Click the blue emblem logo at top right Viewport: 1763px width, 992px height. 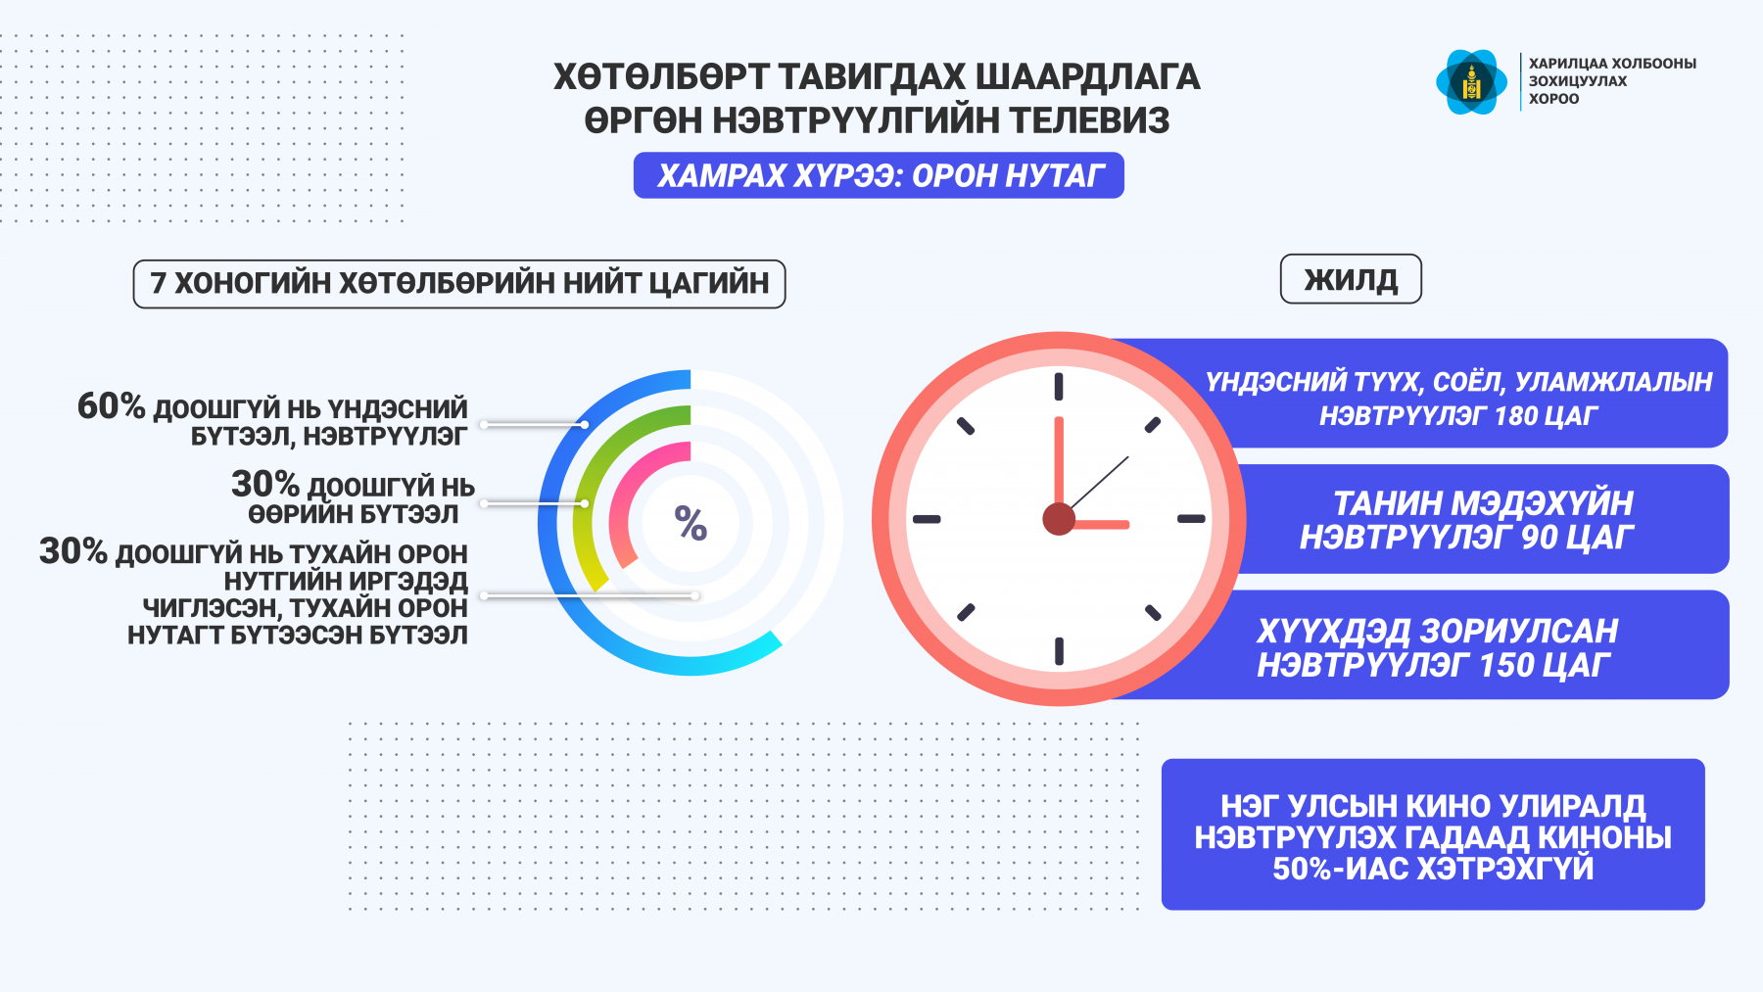[1471, 82]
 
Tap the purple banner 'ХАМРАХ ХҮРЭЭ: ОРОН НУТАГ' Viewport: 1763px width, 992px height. [879, 175]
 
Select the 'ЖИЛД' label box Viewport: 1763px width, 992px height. [1351, 280]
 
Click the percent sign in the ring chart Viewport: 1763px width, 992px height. [691, 523]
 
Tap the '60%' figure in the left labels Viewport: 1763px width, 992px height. [111, 405]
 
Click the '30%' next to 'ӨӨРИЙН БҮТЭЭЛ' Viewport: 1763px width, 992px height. [264, 484]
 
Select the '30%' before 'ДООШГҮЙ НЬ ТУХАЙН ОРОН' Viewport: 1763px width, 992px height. [72, 551]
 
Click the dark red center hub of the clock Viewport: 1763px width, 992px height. [1059, 519]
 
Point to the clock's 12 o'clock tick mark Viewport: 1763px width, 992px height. [1059, 386]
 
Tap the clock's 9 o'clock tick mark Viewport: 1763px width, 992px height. [927, 519]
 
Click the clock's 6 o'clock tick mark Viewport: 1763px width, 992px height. [1059, 651]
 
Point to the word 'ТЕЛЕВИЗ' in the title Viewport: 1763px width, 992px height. [1089, 120]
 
